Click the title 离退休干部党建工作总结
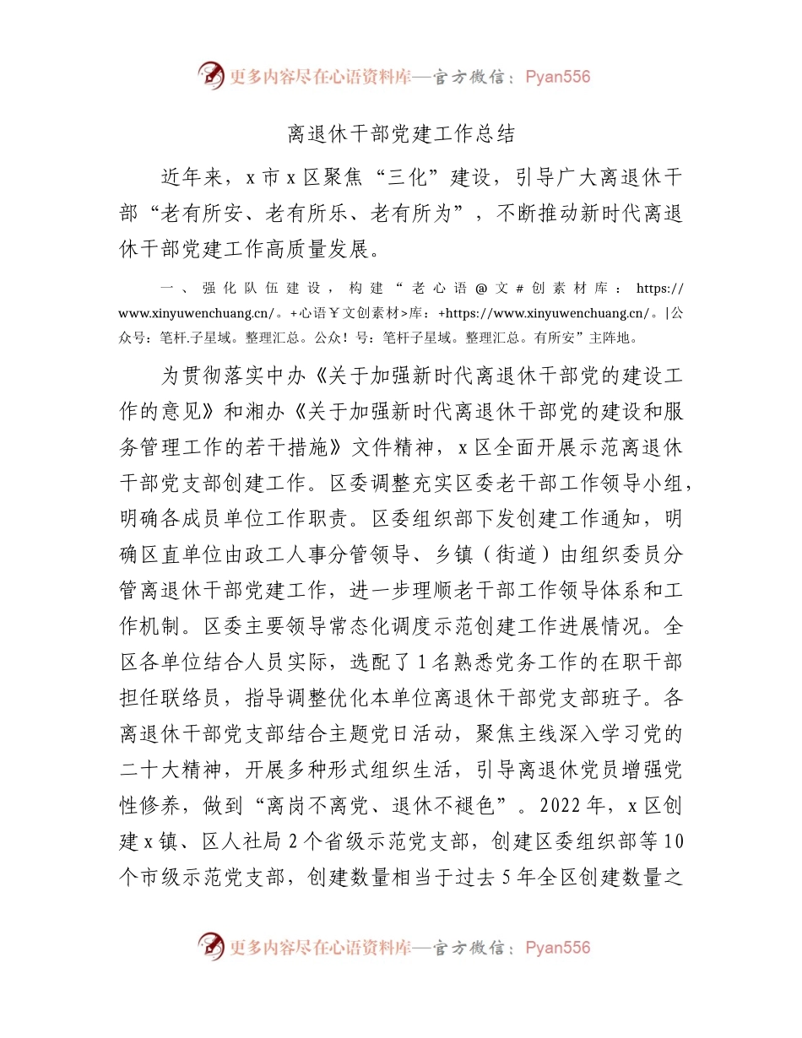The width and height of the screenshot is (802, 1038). [x=401, y=134]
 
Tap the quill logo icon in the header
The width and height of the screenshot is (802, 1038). [x=211, y=76]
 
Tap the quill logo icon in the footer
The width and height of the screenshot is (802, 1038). [x=211, y=947]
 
